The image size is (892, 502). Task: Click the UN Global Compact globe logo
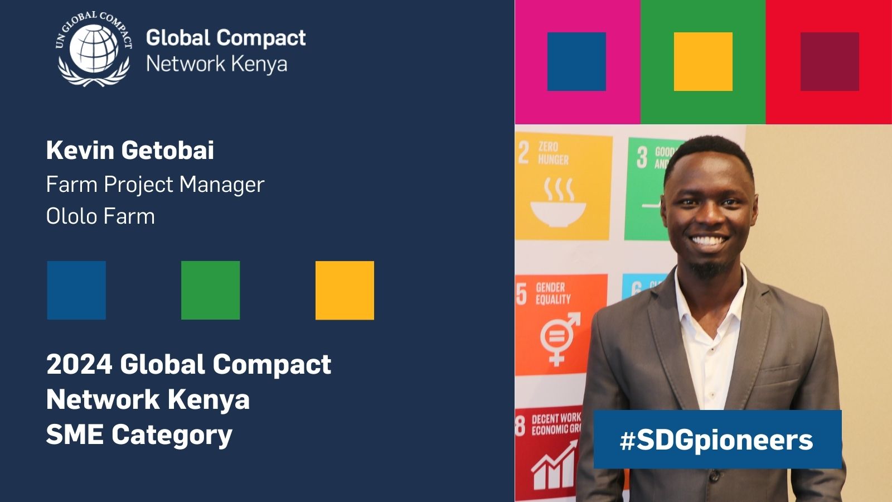click(94, 49)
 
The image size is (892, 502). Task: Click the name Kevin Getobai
click(130, 151)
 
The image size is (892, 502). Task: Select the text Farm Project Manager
click(155, 185)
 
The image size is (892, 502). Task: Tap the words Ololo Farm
click(100, 216)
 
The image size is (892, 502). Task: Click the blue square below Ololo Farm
click(76, 290)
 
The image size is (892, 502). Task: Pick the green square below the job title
click(210, 290)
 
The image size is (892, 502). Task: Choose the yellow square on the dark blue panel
click(345, 290)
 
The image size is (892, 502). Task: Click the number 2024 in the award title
click(79, 365)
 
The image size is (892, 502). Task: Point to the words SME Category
click(139, 435)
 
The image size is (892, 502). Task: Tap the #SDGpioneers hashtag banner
click(717, 440)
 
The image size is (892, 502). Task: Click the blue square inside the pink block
click(576, 61)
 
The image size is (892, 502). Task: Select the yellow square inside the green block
click(703, 61)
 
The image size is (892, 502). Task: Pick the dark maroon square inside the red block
click(830, 61)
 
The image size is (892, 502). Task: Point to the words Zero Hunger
click(553, 153)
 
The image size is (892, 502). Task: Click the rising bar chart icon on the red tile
click(554, 466)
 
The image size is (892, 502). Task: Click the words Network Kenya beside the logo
click(216, 64)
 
